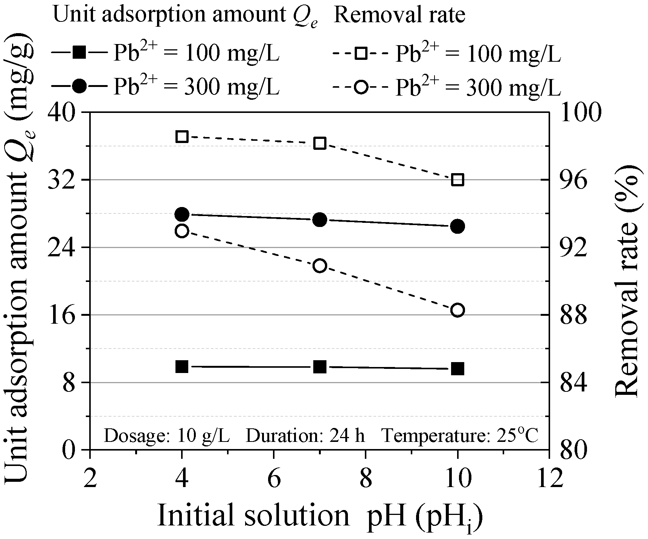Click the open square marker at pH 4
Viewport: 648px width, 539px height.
click(182, 137)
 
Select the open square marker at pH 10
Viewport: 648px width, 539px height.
click(457, 180)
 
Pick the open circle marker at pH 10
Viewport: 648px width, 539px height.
click(457, 310)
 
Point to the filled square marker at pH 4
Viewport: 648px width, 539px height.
click(182, 366)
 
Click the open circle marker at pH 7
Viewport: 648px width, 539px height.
click(320, 266)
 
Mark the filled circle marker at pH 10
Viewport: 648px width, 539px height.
click(457, 226)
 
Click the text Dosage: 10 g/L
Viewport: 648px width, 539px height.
click(166, 436)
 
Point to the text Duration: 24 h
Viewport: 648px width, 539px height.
click(305, 436)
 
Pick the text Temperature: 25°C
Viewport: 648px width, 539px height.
click(460, 435)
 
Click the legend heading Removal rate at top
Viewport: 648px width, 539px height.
click(399, 15)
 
